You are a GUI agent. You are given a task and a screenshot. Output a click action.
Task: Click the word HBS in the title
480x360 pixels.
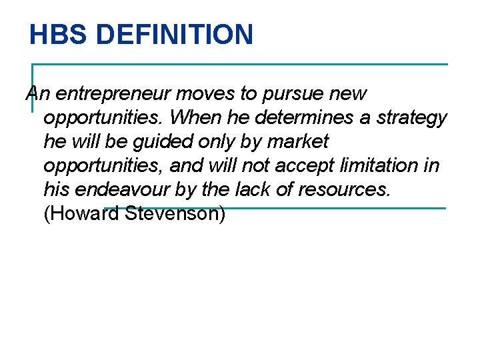tap(59, 34)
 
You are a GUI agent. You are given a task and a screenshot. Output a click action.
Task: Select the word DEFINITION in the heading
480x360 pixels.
tap(174, 34)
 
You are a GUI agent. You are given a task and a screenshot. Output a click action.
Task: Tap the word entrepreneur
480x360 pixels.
tap(111, 95)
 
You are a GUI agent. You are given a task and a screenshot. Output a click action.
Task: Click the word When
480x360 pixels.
tap(193, 118)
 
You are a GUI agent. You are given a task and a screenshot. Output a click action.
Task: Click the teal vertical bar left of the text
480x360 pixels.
tap(33, 87)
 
